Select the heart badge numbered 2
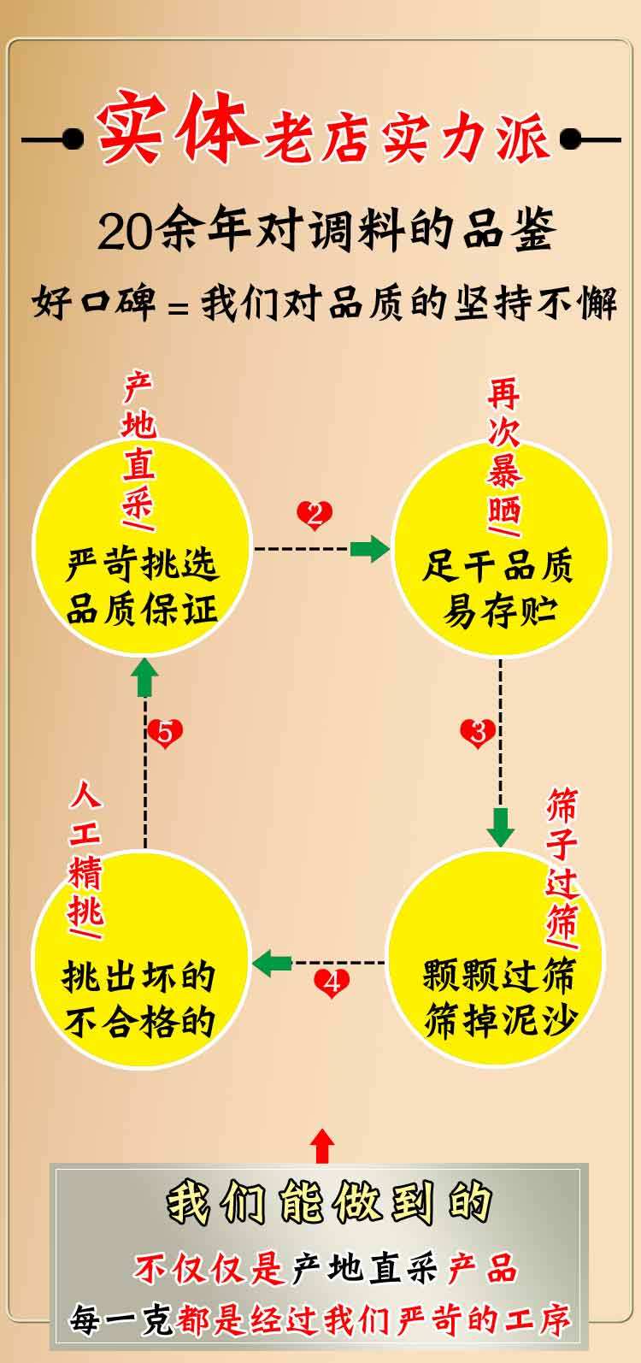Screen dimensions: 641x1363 coord(315,515)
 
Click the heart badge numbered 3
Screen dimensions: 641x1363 coord(478,733)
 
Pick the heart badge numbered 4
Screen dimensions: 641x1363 coord(332,983)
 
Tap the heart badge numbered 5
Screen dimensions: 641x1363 coord(165,733)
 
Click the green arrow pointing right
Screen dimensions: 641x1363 coord(369,548)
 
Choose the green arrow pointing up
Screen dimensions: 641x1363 coord(145,681)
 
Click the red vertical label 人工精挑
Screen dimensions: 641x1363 coord(85,855)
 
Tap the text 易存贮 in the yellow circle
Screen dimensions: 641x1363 coord(499,610)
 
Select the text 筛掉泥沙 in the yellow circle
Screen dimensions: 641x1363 coord(500,1020)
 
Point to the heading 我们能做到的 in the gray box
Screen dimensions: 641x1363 coord(329,1203)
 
